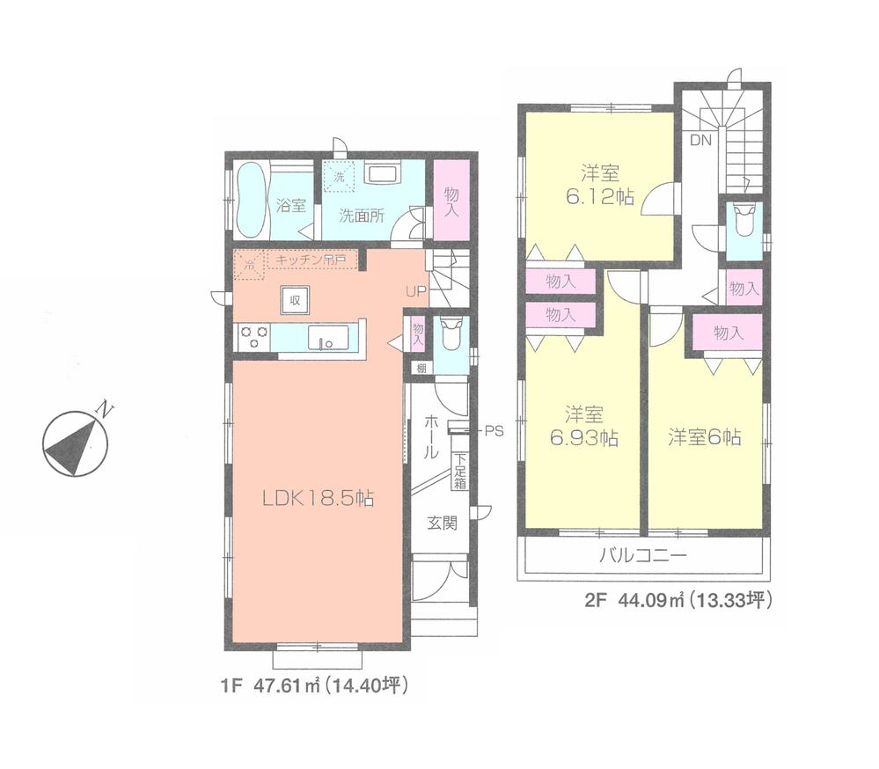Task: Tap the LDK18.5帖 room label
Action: tap(318, 499)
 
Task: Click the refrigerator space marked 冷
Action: tap(249, 263)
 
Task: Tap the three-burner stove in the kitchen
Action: tap(253, 337)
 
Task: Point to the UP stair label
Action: tap(415, 291)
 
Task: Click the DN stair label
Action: tap(700, 140)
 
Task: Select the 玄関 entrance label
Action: tap(442, 523)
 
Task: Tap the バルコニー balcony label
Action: tap(642, 556)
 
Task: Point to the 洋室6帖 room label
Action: tap(703, 436)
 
